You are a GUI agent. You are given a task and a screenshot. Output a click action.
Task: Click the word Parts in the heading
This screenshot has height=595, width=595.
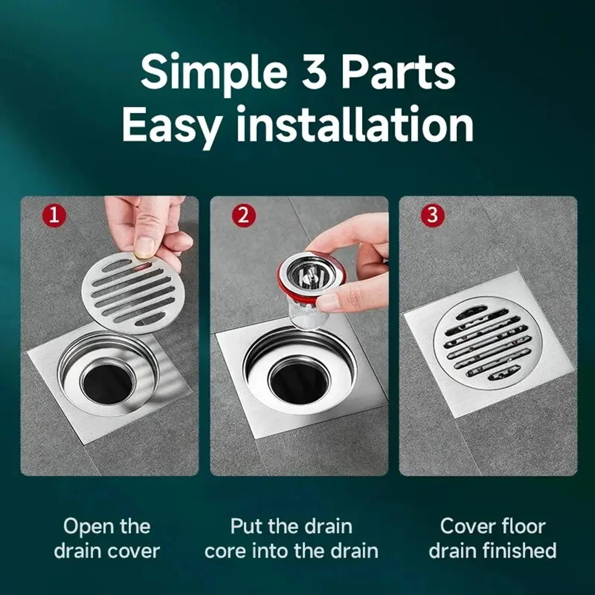point(405,73)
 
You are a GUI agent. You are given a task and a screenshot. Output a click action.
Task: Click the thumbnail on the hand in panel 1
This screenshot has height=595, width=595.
point(144,245)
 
